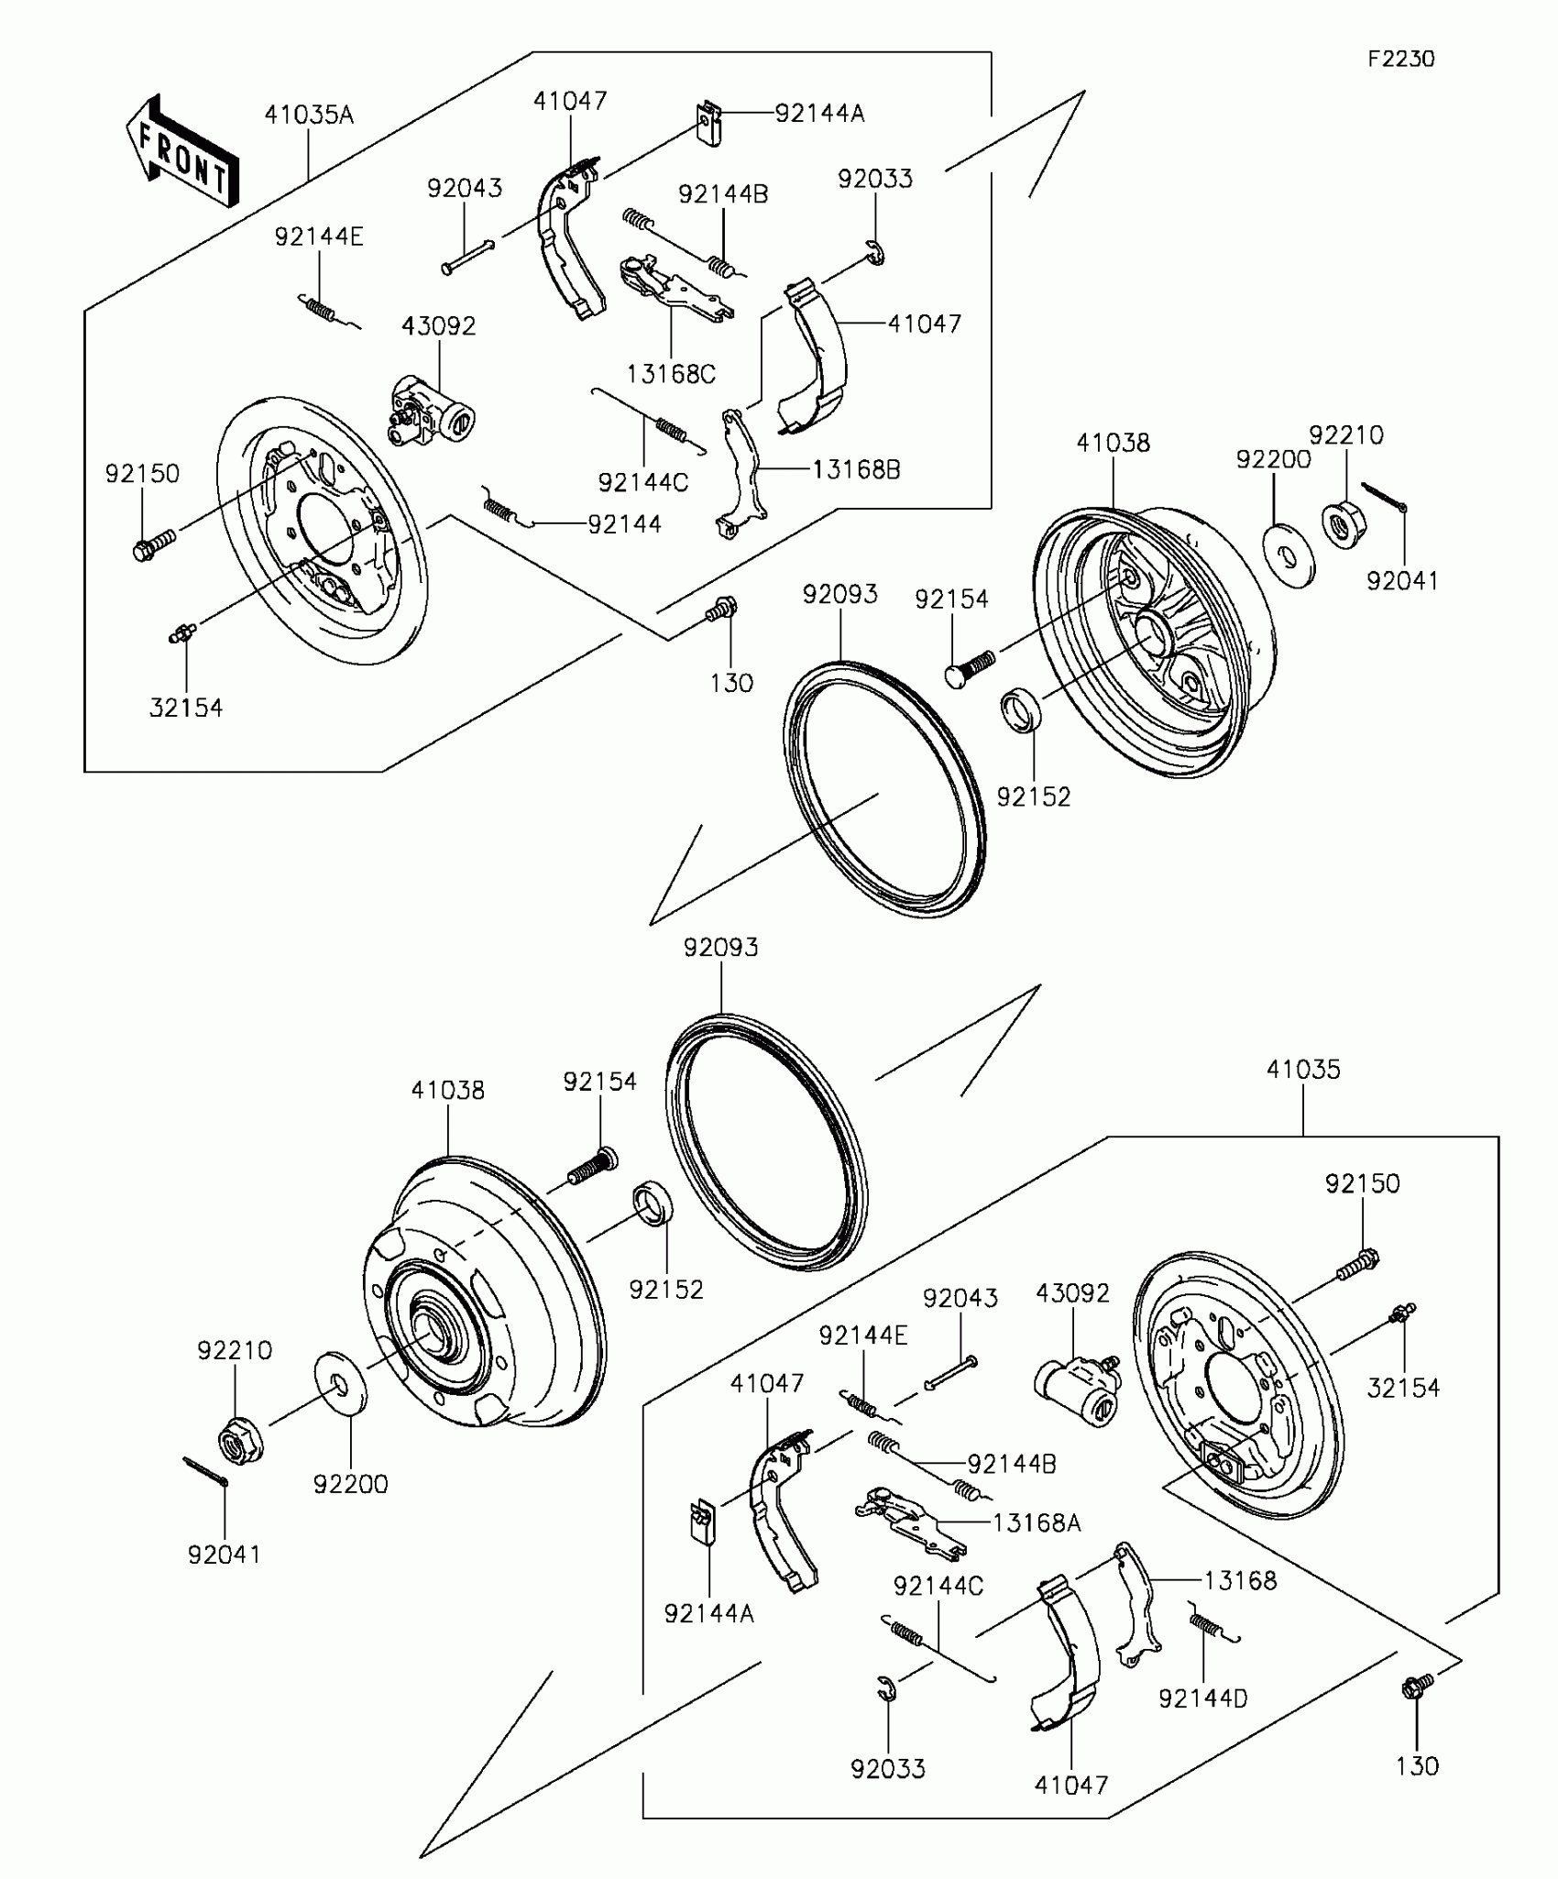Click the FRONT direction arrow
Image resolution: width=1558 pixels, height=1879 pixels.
click(183, 152)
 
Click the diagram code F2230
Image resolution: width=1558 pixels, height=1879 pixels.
click(1401, 60)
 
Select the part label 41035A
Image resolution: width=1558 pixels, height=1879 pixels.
click(309, 115)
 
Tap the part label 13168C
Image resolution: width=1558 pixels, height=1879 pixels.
click(671, 374)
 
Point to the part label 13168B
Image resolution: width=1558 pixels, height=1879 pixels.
click(856, 470)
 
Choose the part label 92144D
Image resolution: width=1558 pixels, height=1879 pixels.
click(1202, 1698)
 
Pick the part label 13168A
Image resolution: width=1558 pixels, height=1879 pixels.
click(1037, 1522)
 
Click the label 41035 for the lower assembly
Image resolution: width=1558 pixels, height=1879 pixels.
click(1303, 1070)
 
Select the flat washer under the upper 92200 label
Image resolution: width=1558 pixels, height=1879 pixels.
click(1289, 554)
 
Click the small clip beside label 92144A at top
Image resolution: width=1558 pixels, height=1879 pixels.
click(708, 123)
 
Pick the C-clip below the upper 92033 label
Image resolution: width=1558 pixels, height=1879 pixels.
click(875, 254)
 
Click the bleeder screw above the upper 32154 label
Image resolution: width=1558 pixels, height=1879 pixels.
click(183, 631)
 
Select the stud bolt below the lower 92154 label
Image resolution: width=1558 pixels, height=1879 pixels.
click(591, 1167)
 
